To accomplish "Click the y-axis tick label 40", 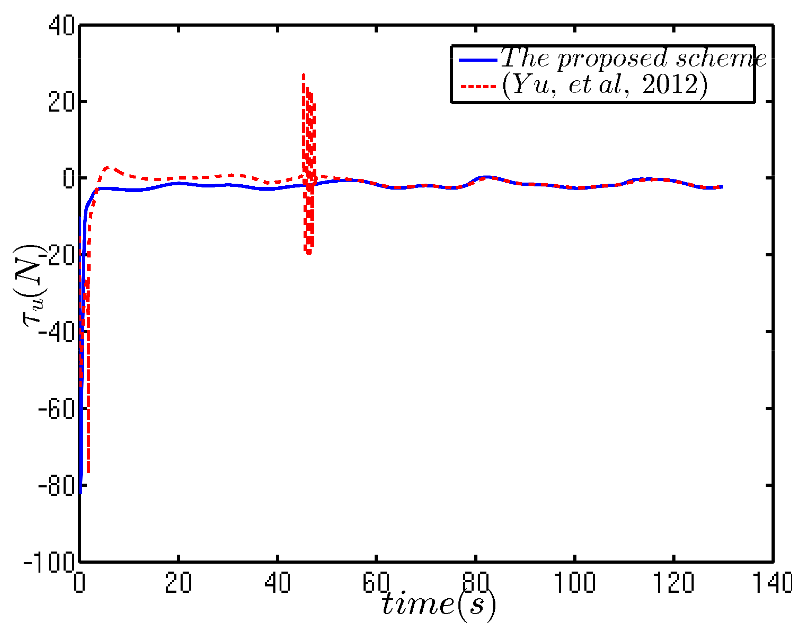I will [61, 26].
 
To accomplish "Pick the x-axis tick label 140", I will [771, 582].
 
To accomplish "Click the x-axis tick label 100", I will [574, 582].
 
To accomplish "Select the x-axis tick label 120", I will [673, 582].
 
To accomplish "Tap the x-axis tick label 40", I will [277, 582].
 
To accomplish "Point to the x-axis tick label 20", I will [178, 582].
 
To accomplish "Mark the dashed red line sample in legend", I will [478, 87].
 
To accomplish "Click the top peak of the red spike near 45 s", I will [304, 75].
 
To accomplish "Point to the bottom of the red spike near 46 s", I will [309, 253].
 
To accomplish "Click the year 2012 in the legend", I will [669, 85].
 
